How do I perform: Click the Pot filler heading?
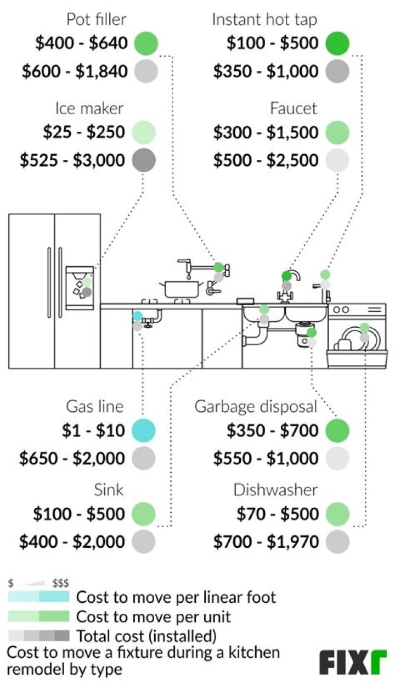point(97,20)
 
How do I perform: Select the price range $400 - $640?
point(75,42)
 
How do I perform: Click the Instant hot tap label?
point(264,20)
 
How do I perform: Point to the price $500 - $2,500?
point(266,160)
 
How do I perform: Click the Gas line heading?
point(95,407)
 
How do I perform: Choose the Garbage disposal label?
point(256,407)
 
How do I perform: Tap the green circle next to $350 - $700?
point(336,430)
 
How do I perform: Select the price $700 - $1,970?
point(266,542)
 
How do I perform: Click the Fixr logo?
point(353,663)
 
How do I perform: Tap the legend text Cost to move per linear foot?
point(176,597)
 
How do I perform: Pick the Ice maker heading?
point(89,108)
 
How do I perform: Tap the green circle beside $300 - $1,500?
point(336,132)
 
